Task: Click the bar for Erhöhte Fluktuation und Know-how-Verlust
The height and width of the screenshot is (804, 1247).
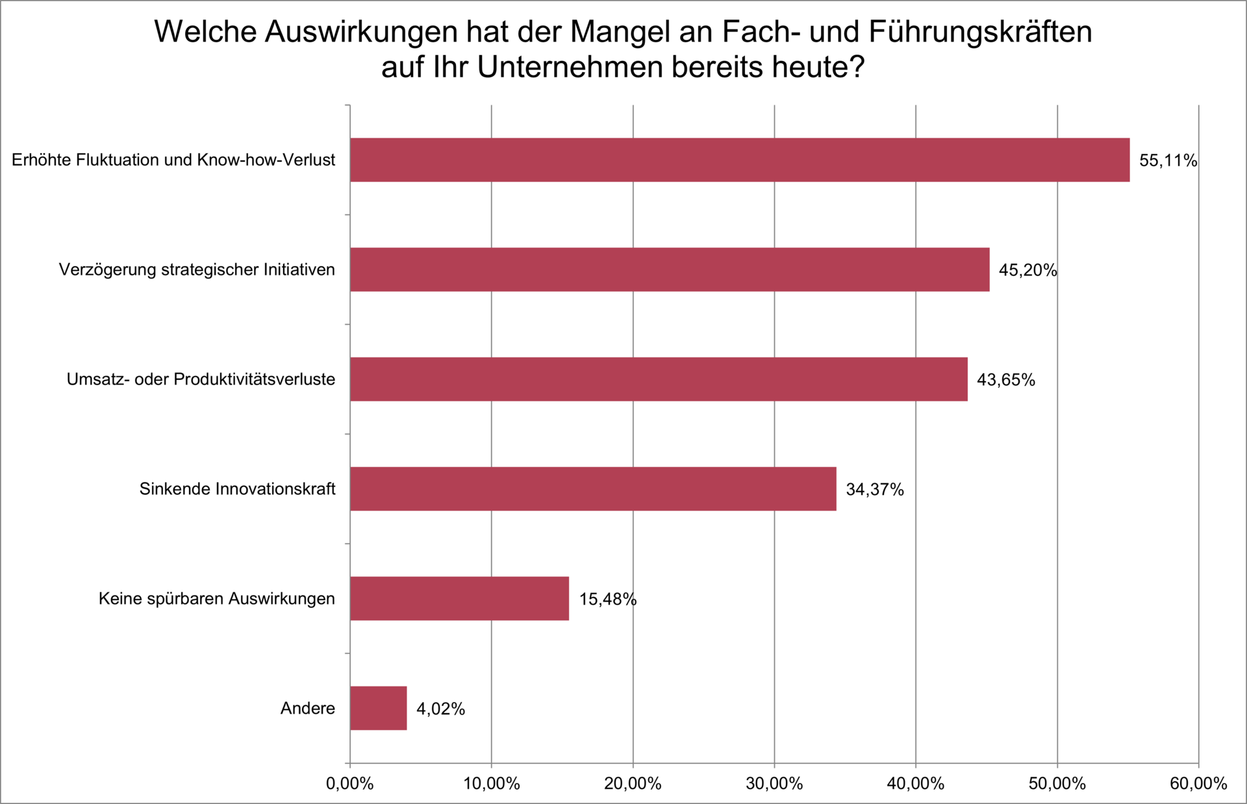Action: coord(739,160)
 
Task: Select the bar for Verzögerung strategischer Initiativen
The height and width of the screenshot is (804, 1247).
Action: coord(669,270)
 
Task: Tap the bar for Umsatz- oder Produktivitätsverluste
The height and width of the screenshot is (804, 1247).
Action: coord(658,379)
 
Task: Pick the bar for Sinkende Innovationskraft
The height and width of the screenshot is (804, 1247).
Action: coord(592,489)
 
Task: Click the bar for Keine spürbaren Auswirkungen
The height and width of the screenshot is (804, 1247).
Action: coord(459,599)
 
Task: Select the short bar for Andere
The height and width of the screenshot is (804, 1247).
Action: coord(378,709)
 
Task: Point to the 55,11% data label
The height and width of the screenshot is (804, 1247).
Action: coord(1167,160)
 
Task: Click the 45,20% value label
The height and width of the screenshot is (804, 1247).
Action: coord(1027,270)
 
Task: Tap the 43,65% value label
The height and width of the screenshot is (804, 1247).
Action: coord(1005,380)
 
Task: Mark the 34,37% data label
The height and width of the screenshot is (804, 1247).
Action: coord(874,490)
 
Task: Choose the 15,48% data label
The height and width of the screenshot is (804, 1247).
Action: coord(607,599)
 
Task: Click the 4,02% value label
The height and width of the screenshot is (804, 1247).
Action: coord(440,709)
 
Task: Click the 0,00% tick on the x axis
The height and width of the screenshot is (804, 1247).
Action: coord(349,784)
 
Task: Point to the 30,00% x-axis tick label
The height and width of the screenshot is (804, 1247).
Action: coord(774,784)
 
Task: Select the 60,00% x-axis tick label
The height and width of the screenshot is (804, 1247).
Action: coord(1198,784)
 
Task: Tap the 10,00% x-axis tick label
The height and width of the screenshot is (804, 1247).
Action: coord(491,784)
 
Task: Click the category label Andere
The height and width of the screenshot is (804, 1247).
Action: coord(307,709)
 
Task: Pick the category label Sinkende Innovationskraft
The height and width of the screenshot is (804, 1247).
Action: coord(237,489)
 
